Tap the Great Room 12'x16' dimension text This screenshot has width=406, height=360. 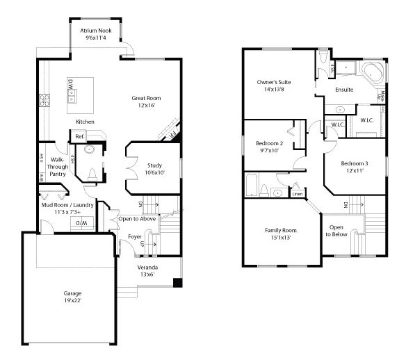[x=147, y=106]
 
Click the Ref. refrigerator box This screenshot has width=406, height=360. [x=80, y=136]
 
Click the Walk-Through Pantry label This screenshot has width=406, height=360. [x=58, y=166]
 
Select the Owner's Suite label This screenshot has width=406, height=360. [x=274, y=82]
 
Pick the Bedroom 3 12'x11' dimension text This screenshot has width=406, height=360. [x=354, y=171]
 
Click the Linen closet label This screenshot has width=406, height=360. [x=297, y=194]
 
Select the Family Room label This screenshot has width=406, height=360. [x=280, y=230]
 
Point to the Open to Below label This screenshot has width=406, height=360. [x=336, y=231]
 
